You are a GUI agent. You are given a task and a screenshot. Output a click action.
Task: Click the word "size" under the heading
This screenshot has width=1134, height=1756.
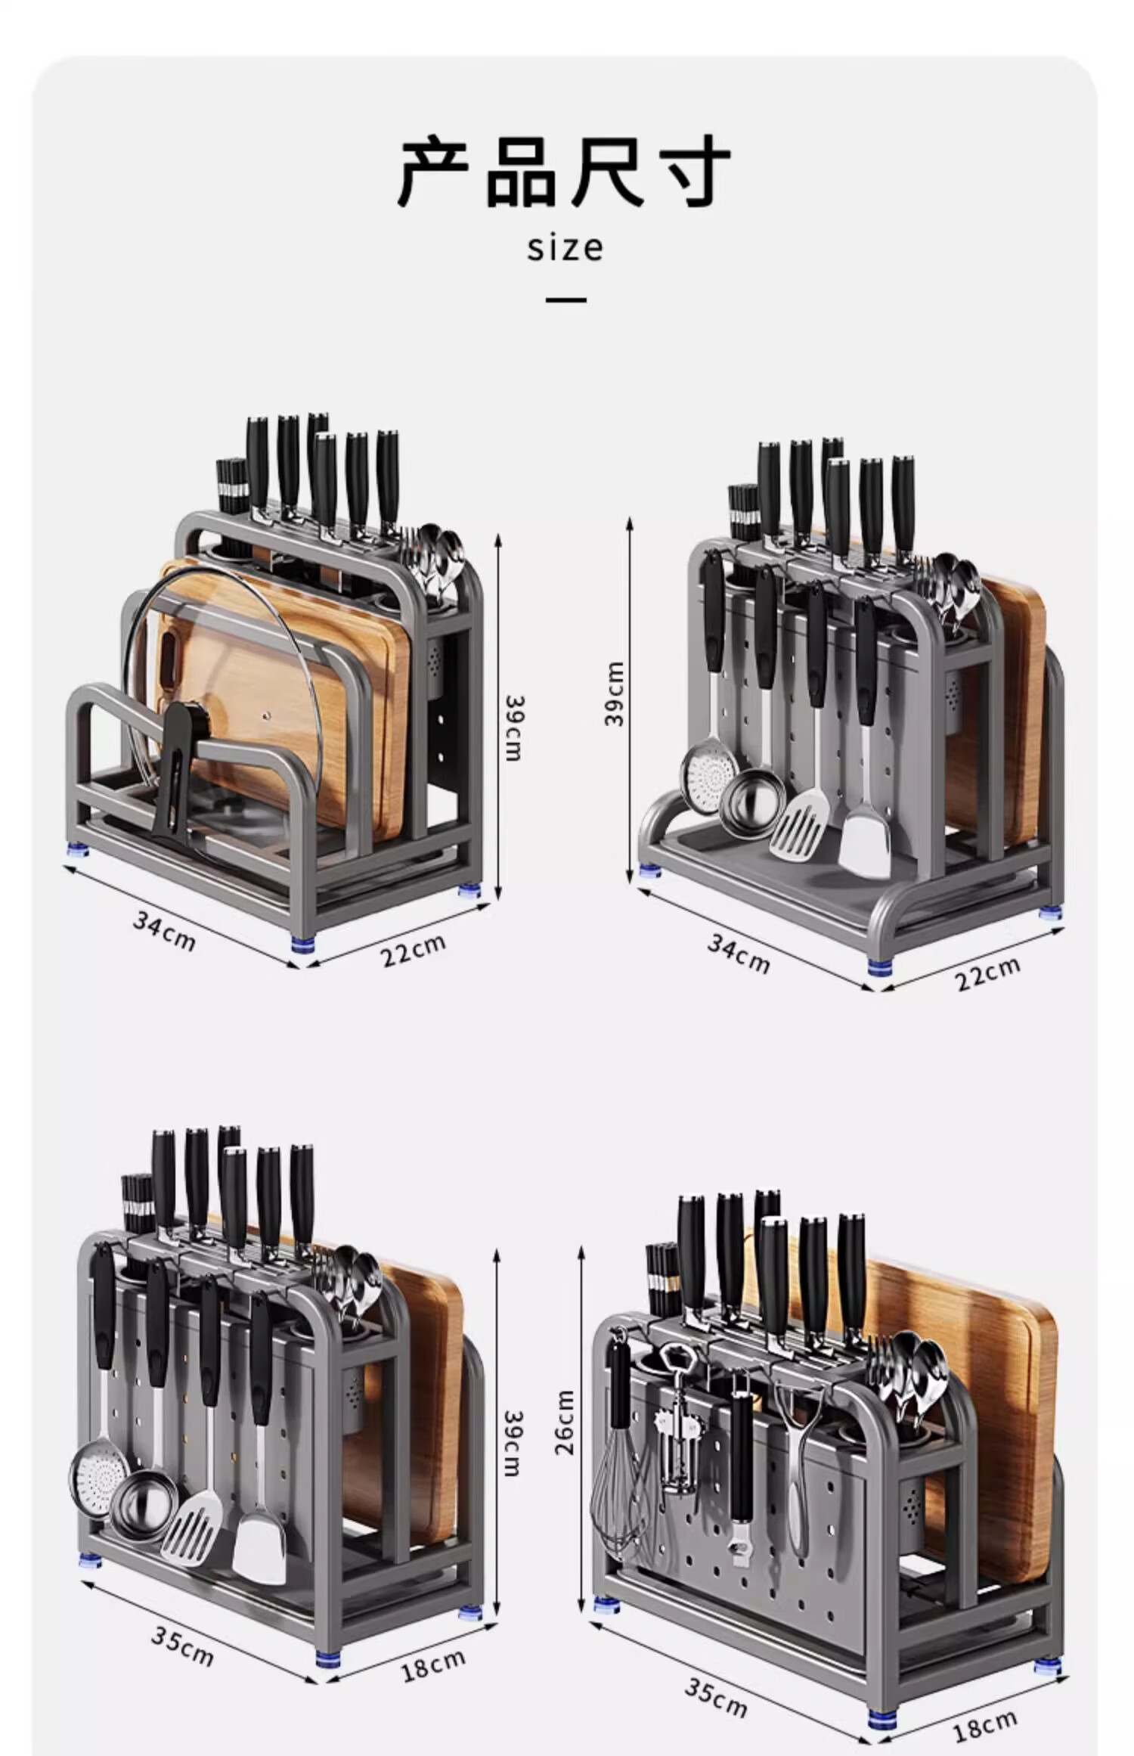coord(565,248)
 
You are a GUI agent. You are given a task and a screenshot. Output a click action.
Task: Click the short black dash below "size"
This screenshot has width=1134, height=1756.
coord(565,299)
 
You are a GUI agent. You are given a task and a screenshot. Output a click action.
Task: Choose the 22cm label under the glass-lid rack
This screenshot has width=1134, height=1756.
coord(413,951)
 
